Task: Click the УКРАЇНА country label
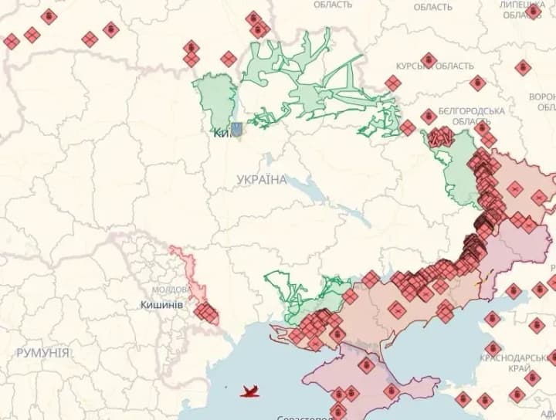click(x=262, y=180)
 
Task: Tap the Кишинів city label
click(x=161, y=305)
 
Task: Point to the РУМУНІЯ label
click(x=42, y=353)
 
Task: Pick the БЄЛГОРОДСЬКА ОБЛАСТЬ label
click(x=471, y=117)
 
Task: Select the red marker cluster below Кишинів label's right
click(x=206, y=313)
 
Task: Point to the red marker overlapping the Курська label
click(x=429, y=60)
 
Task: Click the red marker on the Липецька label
click(x=533, y=11)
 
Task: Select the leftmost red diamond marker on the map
click(x=11, y=41)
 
